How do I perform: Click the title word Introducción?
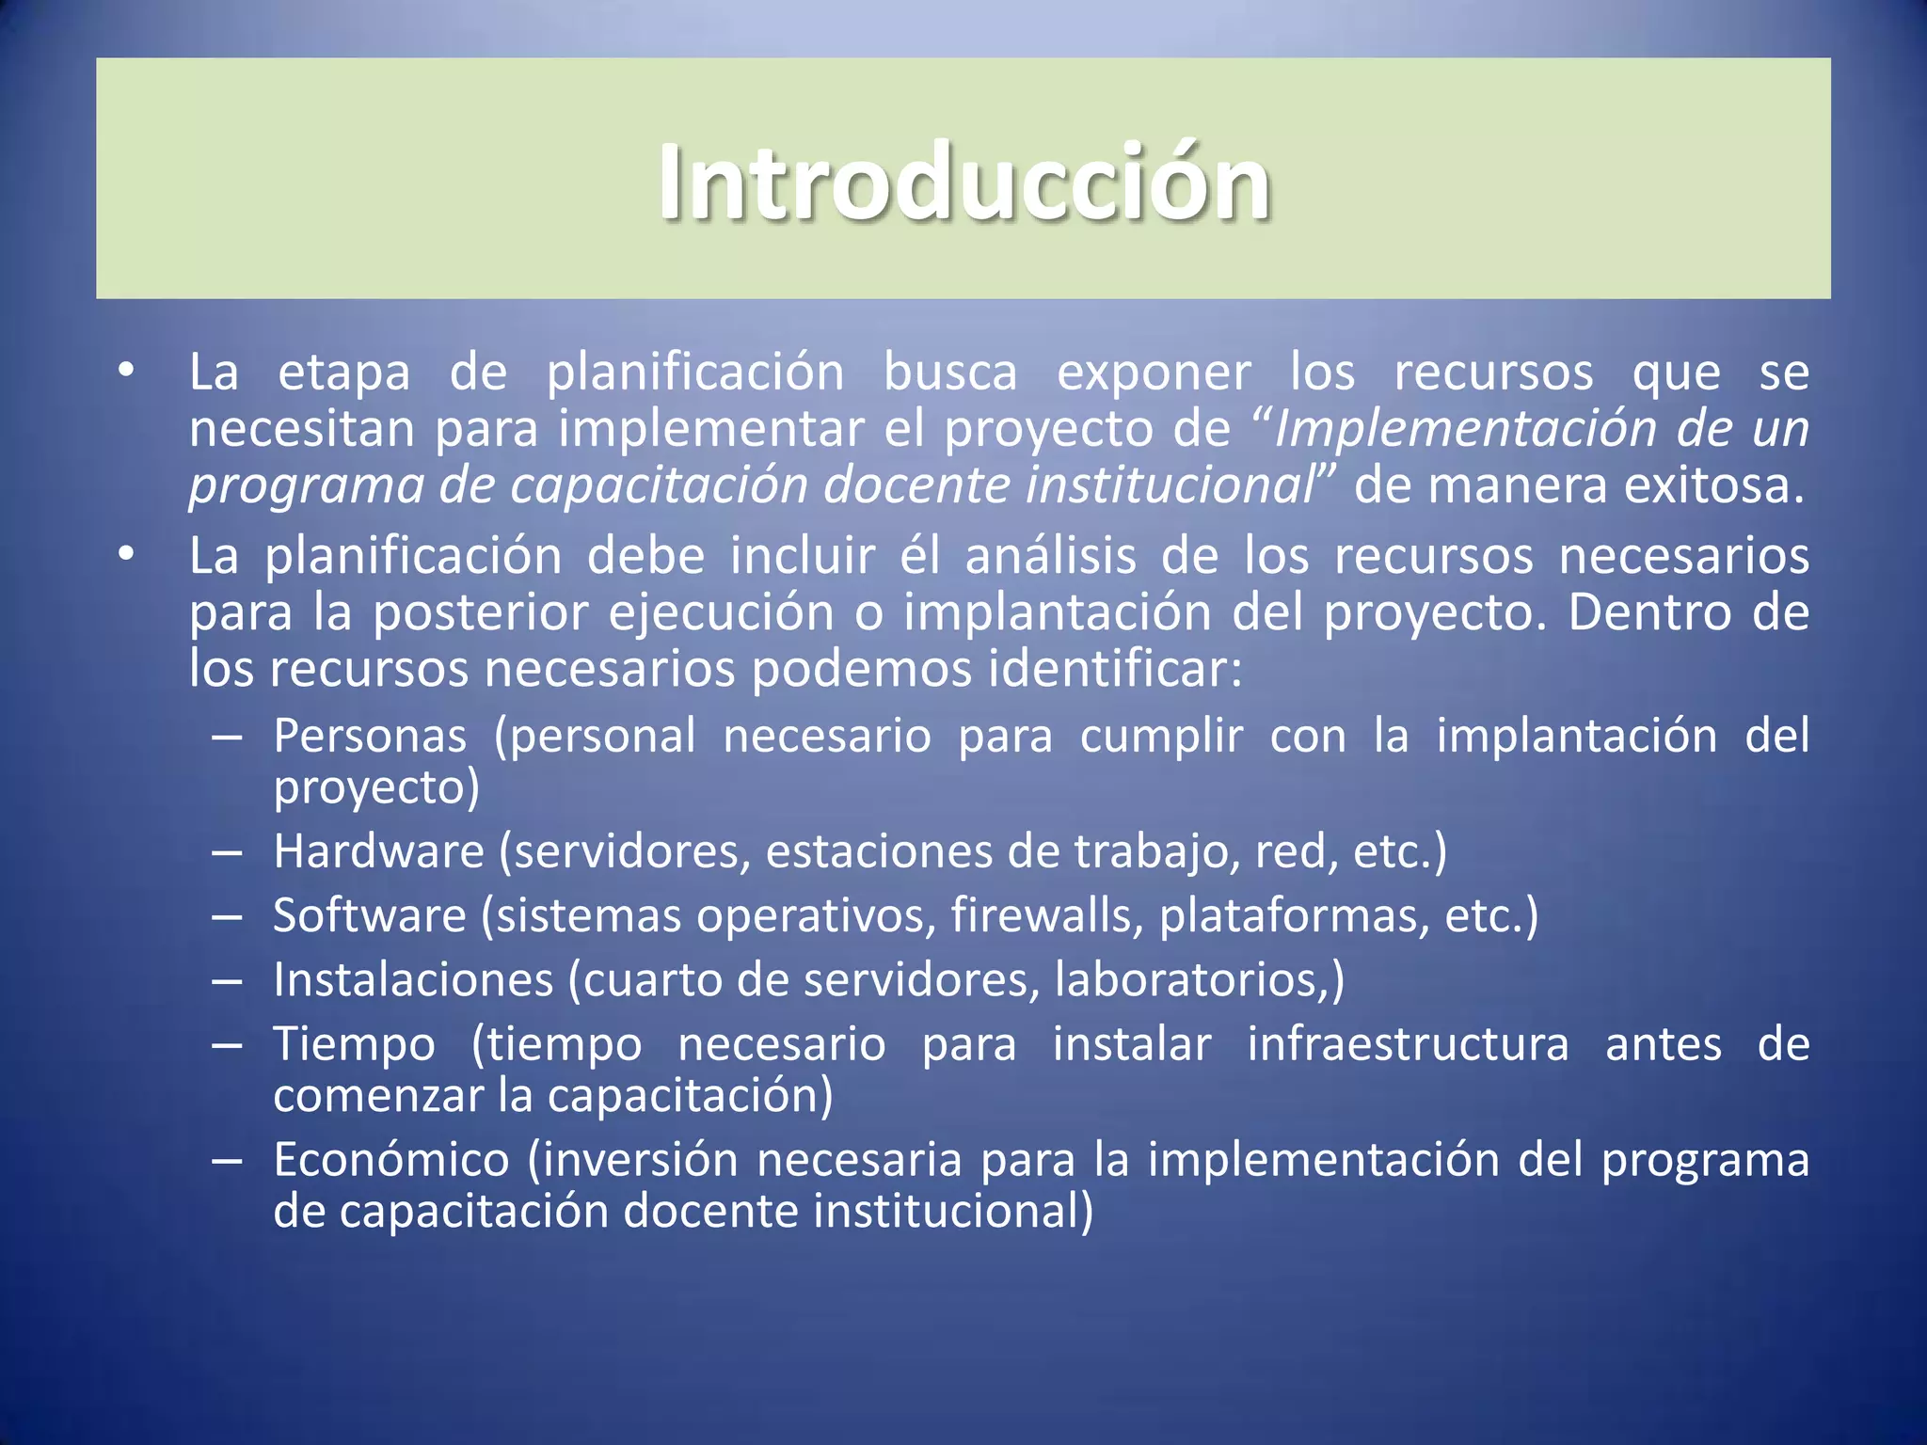tap(963, 183)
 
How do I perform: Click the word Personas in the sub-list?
tap(370, 736)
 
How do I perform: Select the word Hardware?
tap(378, 851)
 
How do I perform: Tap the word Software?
tap(369, 915)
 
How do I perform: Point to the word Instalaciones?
tap(413, 980)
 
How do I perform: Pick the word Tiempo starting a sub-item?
tap(355, 1045)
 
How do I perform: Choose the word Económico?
tap(391, 1159)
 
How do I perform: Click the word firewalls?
tap(1046, 915)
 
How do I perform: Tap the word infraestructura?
tap(1408, 1045)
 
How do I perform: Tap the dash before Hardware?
tap(227, 853)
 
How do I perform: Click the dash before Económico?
tap(227, 1161)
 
